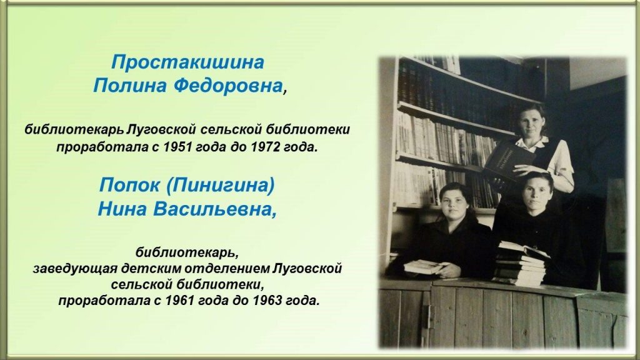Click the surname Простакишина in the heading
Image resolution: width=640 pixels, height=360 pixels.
point(187,62)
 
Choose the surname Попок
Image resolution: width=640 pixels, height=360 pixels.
point(129,185)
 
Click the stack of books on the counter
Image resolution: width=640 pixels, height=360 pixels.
point(521,264)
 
